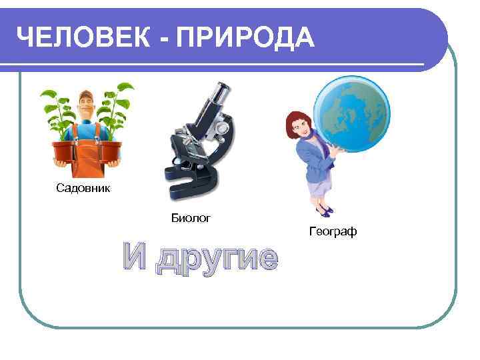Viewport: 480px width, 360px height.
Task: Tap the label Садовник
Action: (x=83, y=189)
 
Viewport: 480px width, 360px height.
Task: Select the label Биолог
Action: (x=191, y=217)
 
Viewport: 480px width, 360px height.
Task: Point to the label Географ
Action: (x=333, y=232)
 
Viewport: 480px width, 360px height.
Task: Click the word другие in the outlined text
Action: (x=216, y=258)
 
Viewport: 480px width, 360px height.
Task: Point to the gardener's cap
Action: (x=87, y=93)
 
